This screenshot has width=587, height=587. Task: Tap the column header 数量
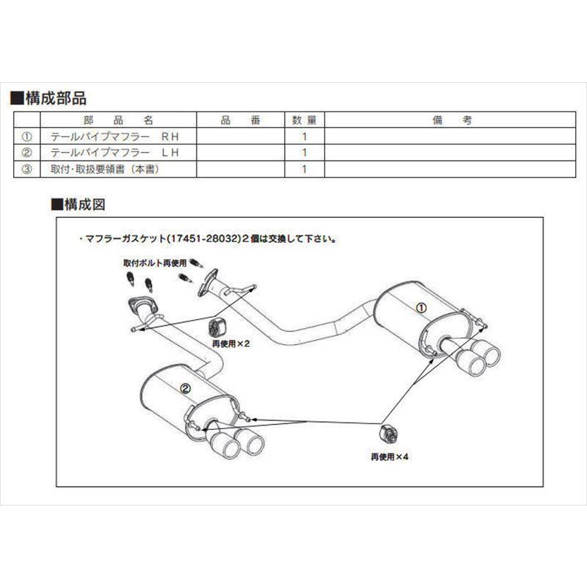(x=302, y=119)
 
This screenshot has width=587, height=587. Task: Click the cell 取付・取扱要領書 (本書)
(x=104, y=169)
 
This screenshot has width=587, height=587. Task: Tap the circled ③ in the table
(x=27, y=169)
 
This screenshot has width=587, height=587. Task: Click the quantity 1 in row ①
(x=303, y=136)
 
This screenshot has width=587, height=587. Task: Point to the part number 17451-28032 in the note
(x=200, y=238)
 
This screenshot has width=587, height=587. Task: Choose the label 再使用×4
(x=390, y=456)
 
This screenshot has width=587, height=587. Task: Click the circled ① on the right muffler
(x=421, y=309)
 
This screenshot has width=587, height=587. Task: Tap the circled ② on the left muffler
(x=185, y=389)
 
